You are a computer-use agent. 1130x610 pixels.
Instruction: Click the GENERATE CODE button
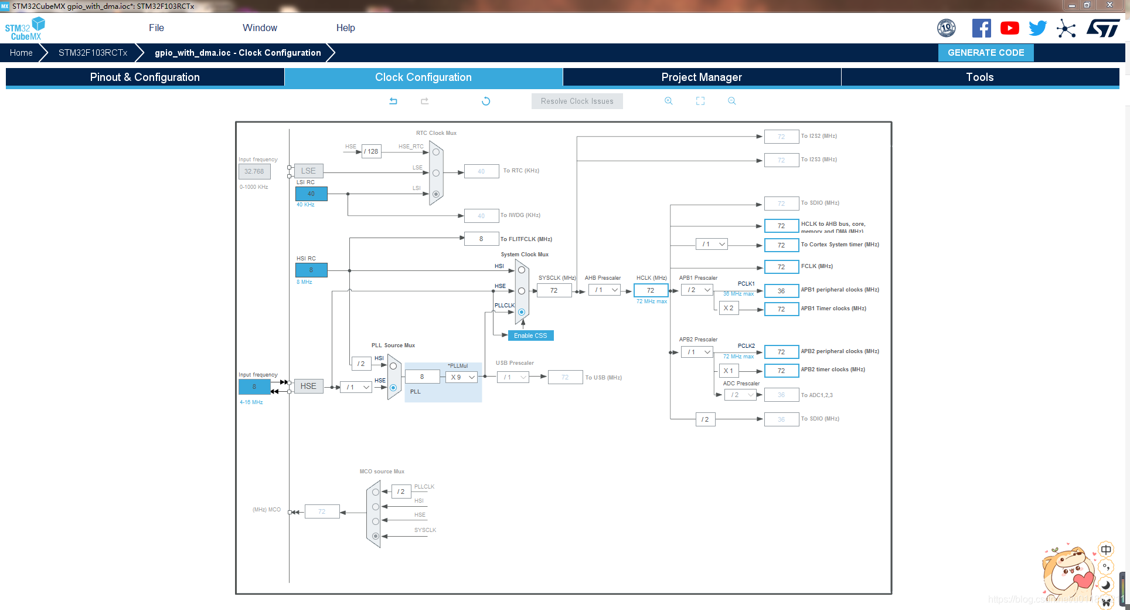tap(986, 53)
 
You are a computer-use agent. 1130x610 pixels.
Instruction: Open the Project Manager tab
tap(702, 77)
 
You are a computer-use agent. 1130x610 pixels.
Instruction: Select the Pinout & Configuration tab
tap(145, 77)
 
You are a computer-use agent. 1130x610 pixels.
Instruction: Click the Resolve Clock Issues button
tap(577, 101)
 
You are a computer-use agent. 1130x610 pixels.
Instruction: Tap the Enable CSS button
tap(530, 335)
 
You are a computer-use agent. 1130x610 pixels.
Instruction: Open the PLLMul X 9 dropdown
tap(462, 377)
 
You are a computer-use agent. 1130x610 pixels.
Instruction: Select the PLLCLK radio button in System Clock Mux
tap(522, 312)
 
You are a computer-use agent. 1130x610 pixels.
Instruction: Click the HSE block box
tap(308, 386)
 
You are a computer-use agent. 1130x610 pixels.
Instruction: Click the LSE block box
tap(308, 171)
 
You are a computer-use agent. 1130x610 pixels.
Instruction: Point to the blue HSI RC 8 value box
tap(311, 270)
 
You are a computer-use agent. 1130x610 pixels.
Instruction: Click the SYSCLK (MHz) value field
tap(554, 290)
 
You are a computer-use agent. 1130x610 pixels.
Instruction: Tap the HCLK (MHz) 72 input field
tap(651, 290)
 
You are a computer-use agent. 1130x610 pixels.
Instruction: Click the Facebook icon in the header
tap(982, 28)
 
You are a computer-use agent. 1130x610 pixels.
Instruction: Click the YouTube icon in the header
tap(1010, 28)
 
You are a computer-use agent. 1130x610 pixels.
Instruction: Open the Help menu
tap(345, 28)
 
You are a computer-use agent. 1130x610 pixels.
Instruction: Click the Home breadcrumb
tap(21, 53)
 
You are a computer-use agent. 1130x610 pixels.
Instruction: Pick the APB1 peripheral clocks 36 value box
tap(781, 291)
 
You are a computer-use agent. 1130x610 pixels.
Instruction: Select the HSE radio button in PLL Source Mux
tap(393, 388)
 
